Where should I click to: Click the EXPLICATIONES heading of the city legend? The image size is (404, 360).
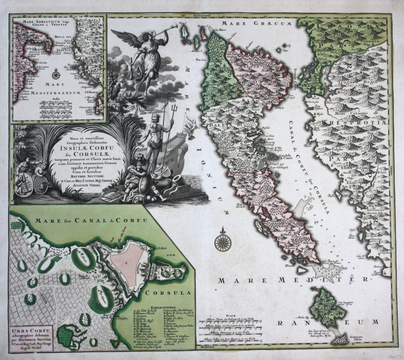coord(163,307)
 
